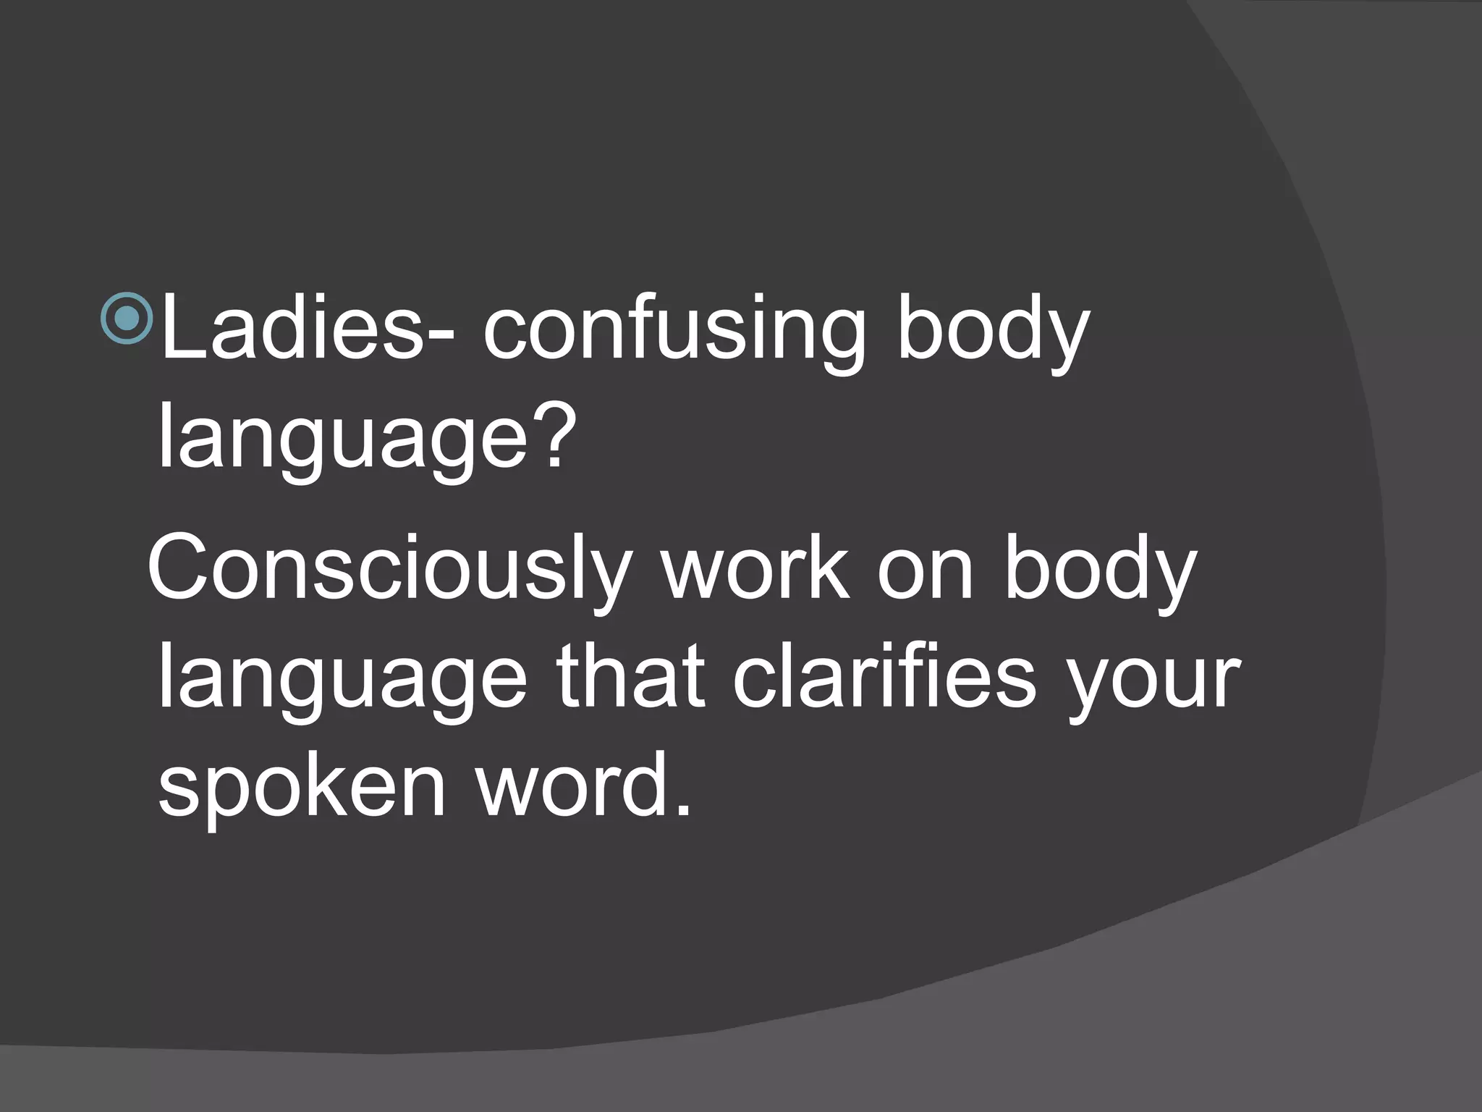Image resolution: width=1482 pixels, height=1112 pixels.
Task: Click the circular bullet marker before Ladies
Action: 127,319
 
